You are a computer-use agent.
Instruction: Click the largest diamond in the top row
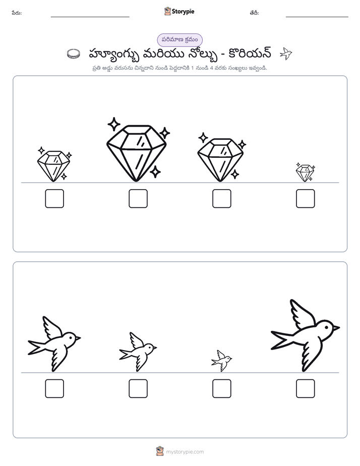coord(136,153)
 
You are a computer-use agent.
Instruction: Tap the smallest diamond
coord(305,173)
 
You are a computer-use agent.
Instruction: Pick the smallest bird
coord(221,361)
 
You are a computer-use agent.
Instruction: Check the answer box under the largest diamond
coord(138,199)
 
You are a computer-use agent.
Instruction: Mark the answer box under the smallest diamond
coord(306,199)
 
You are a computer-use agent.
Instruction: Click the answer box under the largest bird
coord(306,388)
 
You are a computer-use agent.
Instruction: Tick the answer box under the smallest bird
coord(222,388)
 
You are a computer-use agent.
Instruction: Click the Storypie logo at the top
coord(179,11)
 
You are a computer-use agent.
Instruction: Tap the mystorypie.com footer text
coord(185,452)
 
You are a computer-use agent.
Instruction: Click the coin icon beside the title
coord(74,54)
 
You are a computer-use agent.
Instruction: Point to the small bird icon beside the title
coord(286,53)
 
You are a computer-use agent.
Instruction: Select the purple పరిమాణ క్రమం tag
coord(179,40)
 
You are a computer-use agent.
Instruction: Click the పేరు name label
coord(17,13)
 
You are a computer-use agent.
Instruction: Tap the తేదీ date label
coord(254,13)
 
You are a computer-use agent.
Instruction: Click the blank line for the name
coord(90,17)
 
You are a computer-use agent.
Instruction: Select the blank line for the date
coord(317,17)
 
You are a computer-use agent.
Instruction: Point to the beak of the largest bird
coord(336,328)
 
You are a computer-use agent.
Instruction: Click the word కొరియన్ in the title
coord(250,54)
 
